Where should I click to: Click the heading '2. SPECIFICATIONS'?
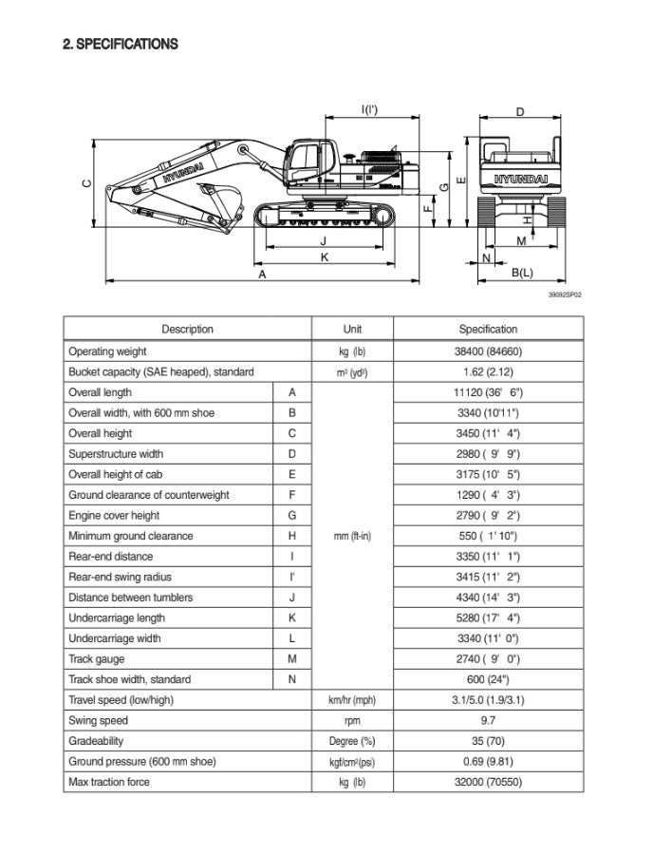[x=121, y=44]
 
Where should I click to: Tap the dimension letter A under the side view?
[x=263, y=274]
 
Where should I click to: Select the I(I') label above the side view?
[x=370, y=110]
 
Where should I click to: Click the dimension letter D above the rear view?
[x=519, y=112]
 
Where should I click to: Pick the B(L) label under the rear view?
[x=522, y=274]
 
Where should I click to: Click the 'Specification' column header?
[x=488, y=330]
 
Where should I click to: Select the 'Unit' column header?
[x=352, y=330]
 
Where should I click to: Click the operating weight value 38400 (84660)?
[x=488, y=351]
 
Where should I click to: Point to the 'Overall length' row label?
[x=100, y=392]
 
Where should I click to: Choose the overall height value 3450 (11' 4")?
[x=488, y=433]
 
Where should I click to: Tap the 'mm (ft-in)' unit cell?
[x=352, y=536]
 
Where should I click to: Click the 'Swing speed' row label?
[x=98, y=721]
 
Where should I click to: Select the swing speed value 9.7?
[x=488, y=721]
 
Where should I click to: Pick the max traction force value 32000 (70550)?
[x=488, y=782]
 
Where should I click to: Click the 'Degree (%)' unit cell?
[x=352, y=741]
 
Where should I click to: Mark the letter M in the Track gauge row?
[x=292, y=658]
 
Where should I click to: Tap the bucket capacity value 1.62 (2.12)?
[x=488, y=372]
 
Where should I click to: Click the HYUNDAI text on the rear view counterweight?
[x=520, y=179]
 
